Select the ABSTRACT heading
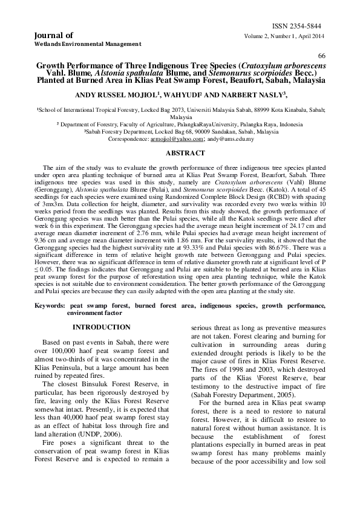point(180,154)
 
